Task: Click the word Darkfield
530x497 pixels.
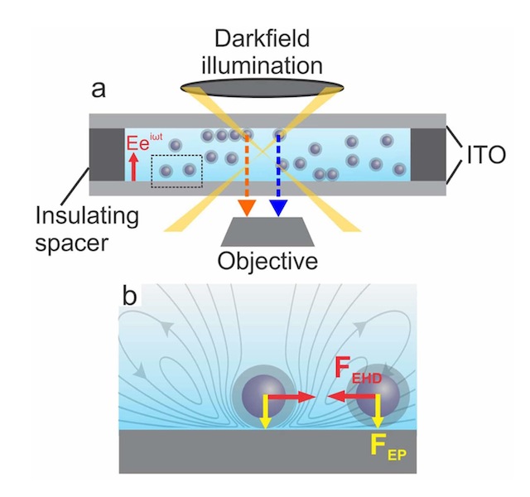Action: pos(262,39)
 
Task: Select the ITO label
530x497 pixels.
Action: pos(486,155)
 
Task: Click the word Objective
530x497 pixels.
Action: pos(267,261)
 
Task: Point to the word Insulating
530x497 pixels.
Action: pos(87,216)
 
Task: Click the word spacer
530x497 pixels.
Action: pos(72,243)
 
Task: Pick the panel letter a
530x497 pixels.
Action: pos(99,90)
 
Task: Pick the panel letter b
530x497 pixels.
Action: pos(129,296)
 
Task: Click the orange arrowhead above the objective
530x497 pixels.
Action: pos(246,207)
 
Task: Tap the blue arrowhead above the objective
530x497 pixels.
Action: pos(278,207)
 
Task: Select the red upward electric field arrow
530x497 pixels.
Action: pos(134,166)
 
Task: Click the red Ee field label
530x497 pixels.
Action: pos(144,142)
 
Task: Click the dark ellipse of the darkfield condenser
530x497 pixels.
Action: pos(262,89)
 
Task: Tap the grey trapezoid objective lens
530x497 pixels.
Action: pos(267,232)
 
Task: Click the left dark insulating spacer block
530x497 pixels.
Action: pos(107,155)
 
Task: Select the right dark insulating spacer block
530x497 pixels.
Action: pos(428,155)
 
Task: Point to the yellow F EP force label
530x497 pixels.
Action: pos(388,448)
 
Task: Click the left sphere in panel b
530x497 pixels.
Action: pos(264,395)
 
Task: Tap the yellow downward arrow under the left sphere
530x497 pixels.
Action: pos(266,412)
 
